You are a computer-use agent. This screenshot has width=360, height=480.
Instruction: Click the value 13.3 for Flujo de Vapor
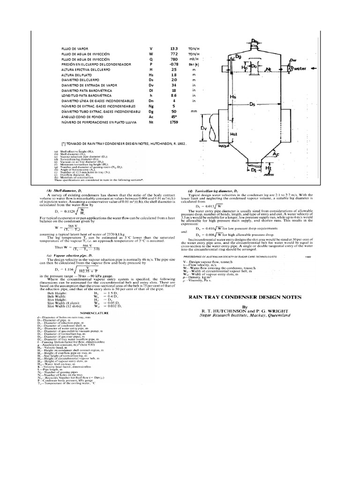174,48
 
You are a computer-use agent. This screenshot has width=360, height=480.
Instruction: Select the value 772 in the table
174,54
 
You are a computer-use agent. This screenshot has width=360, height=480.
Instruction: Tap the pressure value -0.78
174,66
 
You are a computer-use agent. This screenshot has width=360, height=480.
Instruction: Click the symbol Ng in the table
151,106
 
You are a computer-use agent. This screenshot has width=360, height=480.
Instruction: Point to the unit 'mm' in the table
193,112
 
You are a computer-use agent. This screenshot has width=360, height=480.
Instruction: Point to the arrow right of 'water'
315,68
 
